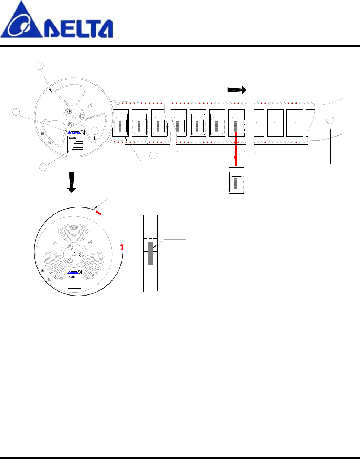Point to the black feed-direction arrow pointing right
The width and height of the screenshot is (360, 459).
point(237,90)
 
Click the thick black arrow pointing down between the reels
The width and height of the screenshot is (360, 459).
point(72,182)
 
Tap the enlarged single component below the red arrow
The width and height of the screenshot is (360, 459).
point(237,181)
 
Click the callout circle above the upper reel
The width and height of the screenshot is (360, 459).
point(40,66)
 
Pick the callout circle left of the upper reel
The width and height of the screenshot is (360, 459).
point(16,112)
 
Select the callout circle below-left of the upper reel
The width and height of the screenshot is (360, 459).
point(43,167)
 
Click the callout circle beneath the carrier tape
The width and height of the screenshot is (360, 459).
point(153,156)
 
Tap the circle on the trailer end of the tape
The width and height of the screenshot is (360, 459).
point(330,121)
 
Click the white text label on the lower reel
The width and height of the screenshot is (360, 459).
point(74,281)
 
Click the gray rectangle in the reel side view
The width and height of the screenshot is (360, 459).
point(150,253)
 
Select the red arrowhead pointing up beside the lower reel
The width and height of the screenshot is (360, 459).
point(122,247)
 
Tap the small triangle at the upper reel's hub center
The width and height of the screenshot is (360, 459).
point(74,116)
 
